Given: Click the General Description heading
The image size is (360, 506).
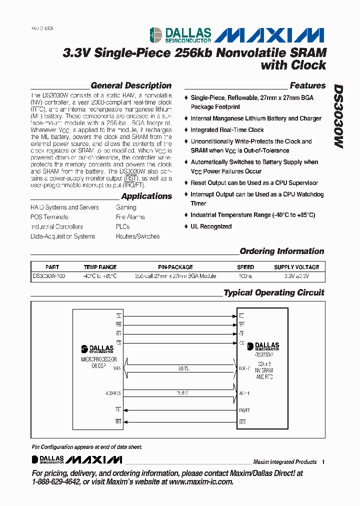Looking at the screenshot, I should tap(131, 85).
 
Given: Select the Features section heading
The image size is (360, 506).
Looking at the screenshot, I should tap(307, 85).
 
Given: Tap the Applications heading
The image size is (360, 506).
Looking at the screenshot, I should tap(146, 196).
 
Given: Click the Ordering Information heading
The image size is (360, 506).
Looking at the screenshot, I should tap(281, 251).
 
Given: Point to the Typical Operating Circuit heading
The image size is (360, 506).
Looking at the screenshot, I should tap(273, 292).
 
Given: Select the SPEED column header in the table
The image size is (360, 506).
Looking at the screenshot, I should tap(245, 267).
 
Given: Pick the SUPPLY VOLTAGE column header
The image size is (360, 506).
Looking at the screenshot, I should tap(296, 267).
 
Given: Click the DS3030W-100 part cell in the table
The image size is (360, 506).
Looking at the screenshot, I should tap(49, 275).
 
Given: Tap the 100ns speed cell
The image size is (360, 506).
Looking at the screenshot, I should tap(245, 275).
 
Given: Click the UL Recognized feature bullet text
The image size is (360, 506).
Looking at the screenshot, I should tap(211, 226).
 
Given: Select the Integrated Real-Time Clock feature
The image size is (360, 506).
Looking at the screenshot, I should tap(227, 130).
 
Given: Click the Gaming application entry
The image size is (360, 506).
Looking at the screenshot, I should tap(126, 207).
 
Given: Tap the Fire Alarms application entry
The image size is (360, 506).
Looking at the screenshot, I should tap(130, 217).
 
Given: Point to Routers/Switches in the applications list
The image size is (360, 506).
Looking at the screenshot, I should tap(137, 236).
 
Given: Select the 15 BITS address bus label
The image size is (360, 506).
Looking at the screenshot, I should tap(181, 392).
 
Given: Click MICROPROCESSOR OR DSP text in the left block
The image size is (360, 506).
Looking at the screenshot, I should tap(98, 362).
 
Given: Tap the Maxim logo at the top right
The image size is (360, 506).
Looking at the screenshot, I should tap(272, 34).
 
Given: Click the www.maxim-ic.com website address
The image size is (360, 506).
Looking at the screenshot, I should tap(201, 481).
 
